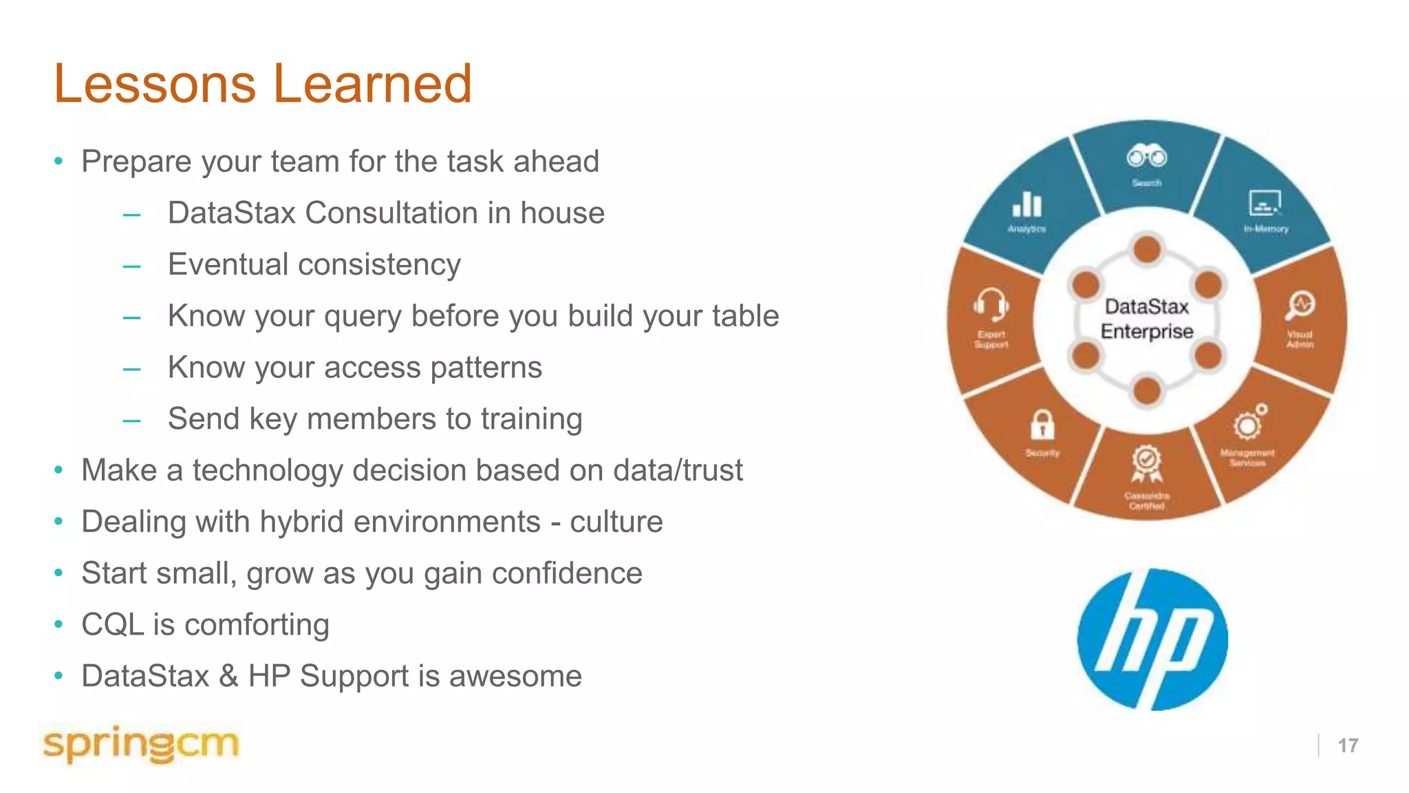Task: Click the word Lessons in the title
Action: click(155, 84)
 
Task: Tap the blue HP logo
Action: click(1152, 639)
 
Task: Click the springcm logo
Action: click(140, 744)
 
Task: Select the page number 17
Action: click(1347, 746)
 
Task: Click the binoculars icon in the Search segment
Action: click(1146, 157)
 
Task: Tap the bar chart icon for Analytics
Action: click(1026, 204)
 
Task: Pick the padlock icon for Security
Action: click(1042, 425)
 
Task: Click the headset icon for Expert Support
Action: click(991, 304)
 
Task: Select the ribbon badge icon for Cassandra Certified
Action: click(1146, 464)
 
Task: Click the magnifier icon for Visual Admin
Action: click(1300, 306)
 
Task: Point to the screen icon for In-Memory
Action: click(1265, 204)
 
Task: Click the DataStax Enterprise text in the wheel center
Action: click(1146, 319)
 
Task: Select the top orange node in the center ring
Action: click(1147, 249)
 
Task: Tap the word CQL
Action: click(112, 625)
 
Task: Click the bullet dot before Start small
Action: click(59, 573)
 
